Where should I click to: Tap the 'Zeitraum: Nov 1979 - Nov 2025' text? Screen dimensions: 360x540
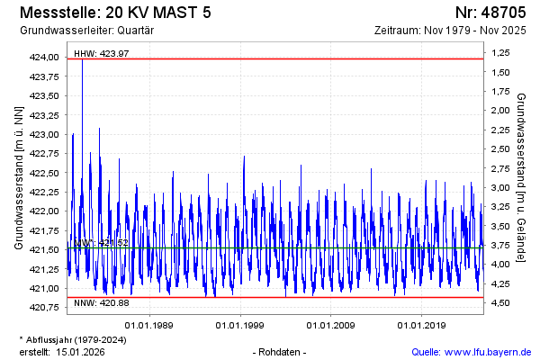(x=453, y=31)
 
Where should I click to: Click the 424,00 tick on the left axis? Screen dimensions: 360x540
(x=45, y=58)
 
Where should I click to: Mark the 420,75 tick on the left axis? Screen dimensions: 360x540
(x=45, y=308)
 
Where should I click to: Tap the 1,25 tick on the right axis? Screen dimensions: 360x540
(x=500, y=54)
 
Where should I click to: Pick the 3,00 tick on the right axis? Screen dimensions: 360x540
(x=500, y=187)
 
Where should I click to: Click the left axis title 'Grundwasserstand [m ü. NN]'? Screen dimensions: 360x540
(x=18, y=177)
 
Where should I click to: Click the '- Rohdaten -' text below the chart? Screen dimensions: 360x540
(x=281, y=351)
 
